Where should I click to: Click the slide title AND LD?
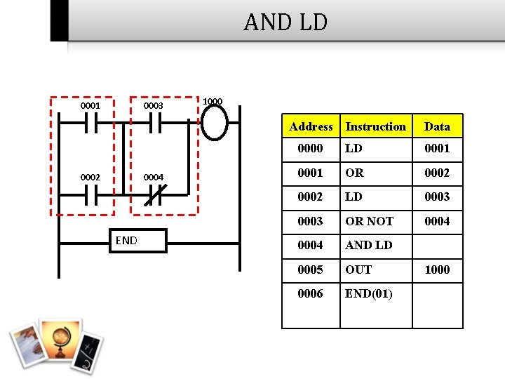pos(285,22)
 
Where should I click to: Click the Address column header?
pos(311,126)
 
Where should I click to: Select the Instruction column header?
pos(375,126)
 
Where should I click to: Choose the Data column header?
pos(437,126)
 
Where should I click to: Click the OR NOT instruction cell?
pos(369,221)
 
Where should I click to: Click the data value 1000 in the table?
pos(437,270)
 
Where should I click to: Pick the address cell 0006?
pos(310,293)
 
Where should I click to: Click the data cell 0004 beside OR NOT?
pos(437,221)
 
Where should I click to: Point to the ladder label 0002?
pos(90,178)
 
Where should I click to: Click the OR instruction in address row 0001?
pos(354,173)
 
